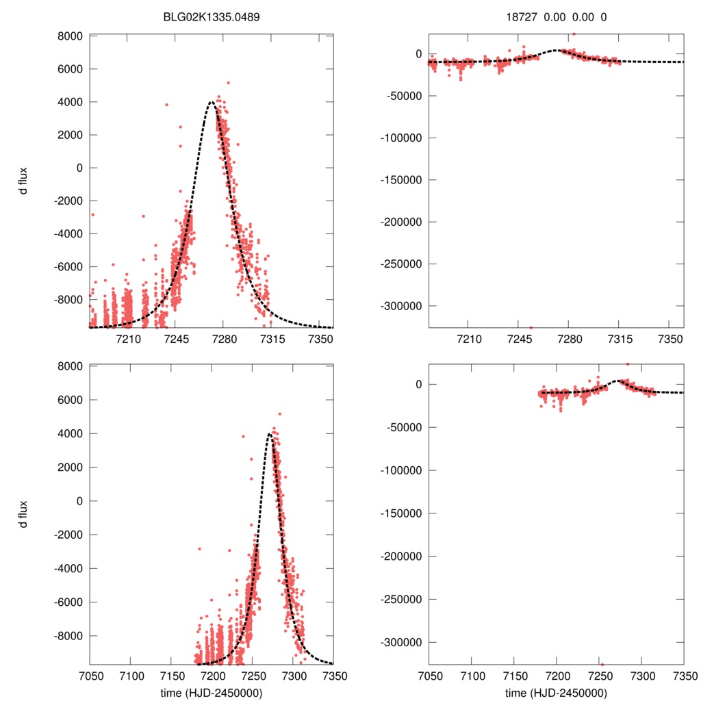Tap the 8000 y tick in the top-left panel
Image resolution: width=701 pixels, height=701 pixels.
pos(71,36)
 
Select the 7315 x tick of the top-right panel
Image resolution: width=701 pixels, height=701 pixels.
pos(619,340)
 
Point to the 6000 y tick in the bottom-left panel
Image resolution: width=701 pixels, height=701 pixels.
pos(71,400)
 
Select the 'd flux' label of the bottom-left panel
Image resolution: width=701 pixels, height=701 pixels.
pos(24,514)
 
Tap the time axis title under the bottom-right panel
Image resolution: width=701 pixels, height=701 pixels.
pos(556,692)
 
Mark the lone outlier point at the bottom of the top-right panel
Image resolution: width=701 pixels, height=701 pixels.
pos(531,327)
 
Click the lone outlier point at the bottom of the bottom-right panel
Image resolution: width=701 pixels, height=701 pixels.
pos(602,664)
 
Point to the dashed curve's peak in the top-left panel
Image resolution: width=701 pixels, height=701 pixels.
pos(212,102)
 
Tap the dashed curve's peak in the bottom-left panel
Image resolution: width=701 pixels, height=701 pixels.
pos(270,434)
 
